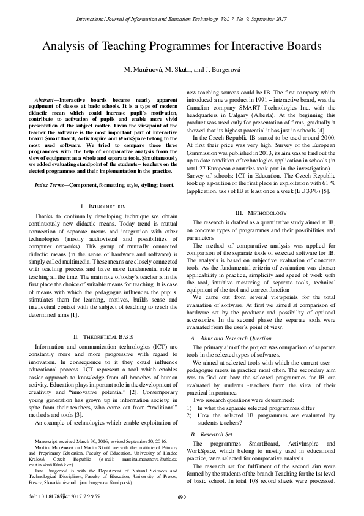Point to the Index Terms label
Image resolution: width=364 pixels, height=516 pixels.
pyautogui.click(x=54, y=167)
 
